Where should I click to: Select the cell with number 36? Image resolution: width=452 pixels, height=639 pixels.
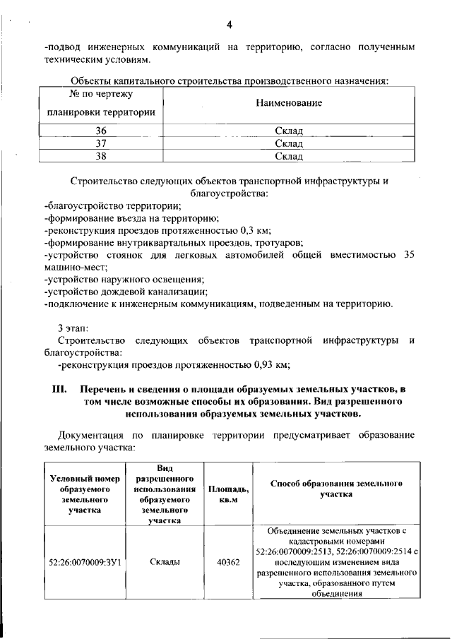[101, 131]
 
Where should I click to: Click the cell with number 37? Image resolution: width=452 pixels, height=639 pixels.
[101, 143]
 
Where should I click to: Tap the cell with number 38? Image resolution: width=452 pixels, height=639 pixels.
[101, 156]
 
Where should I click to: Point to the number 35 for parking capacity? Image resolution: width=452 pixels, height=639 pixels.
[405, 256]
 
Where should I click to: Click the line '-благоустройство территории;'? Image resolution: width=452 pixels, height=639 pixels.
[112, 205]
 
